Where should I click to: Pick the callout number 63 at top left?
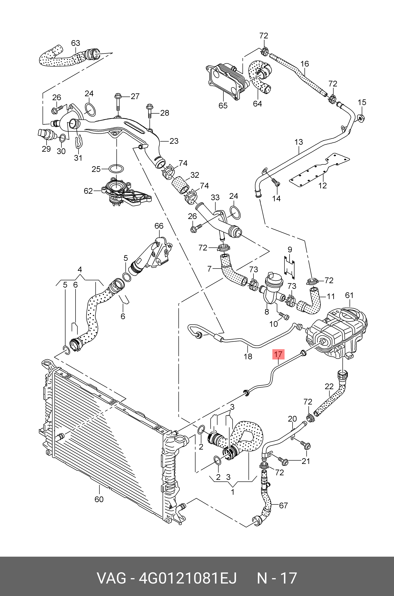pos(75,43)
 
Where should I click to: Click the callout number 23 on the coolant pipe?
pos(174,141)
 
